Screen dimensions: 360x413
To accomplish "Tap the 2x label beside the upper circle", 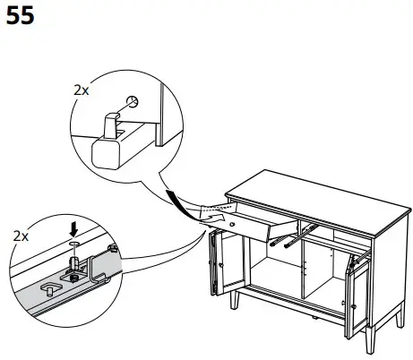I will click(81, 90).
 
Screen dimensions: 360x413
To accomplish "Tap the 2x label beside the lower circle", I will click(20, 236).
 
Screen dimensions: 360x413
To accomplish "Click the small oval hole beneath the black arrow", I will click(75, 243).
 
